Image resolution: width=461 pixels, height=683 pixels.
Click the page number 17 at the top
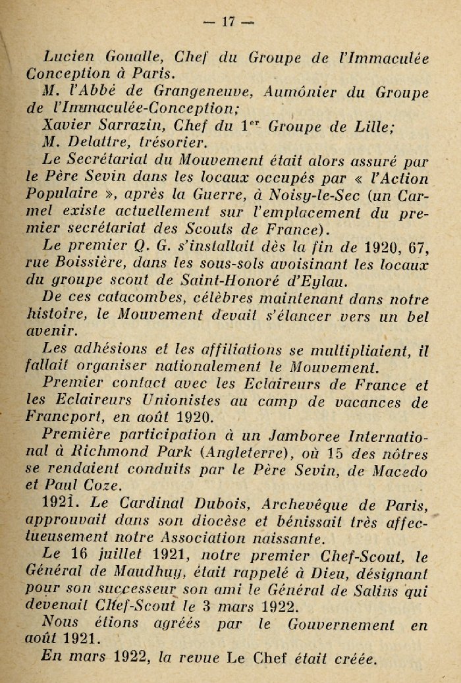(x=229, y=22)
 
